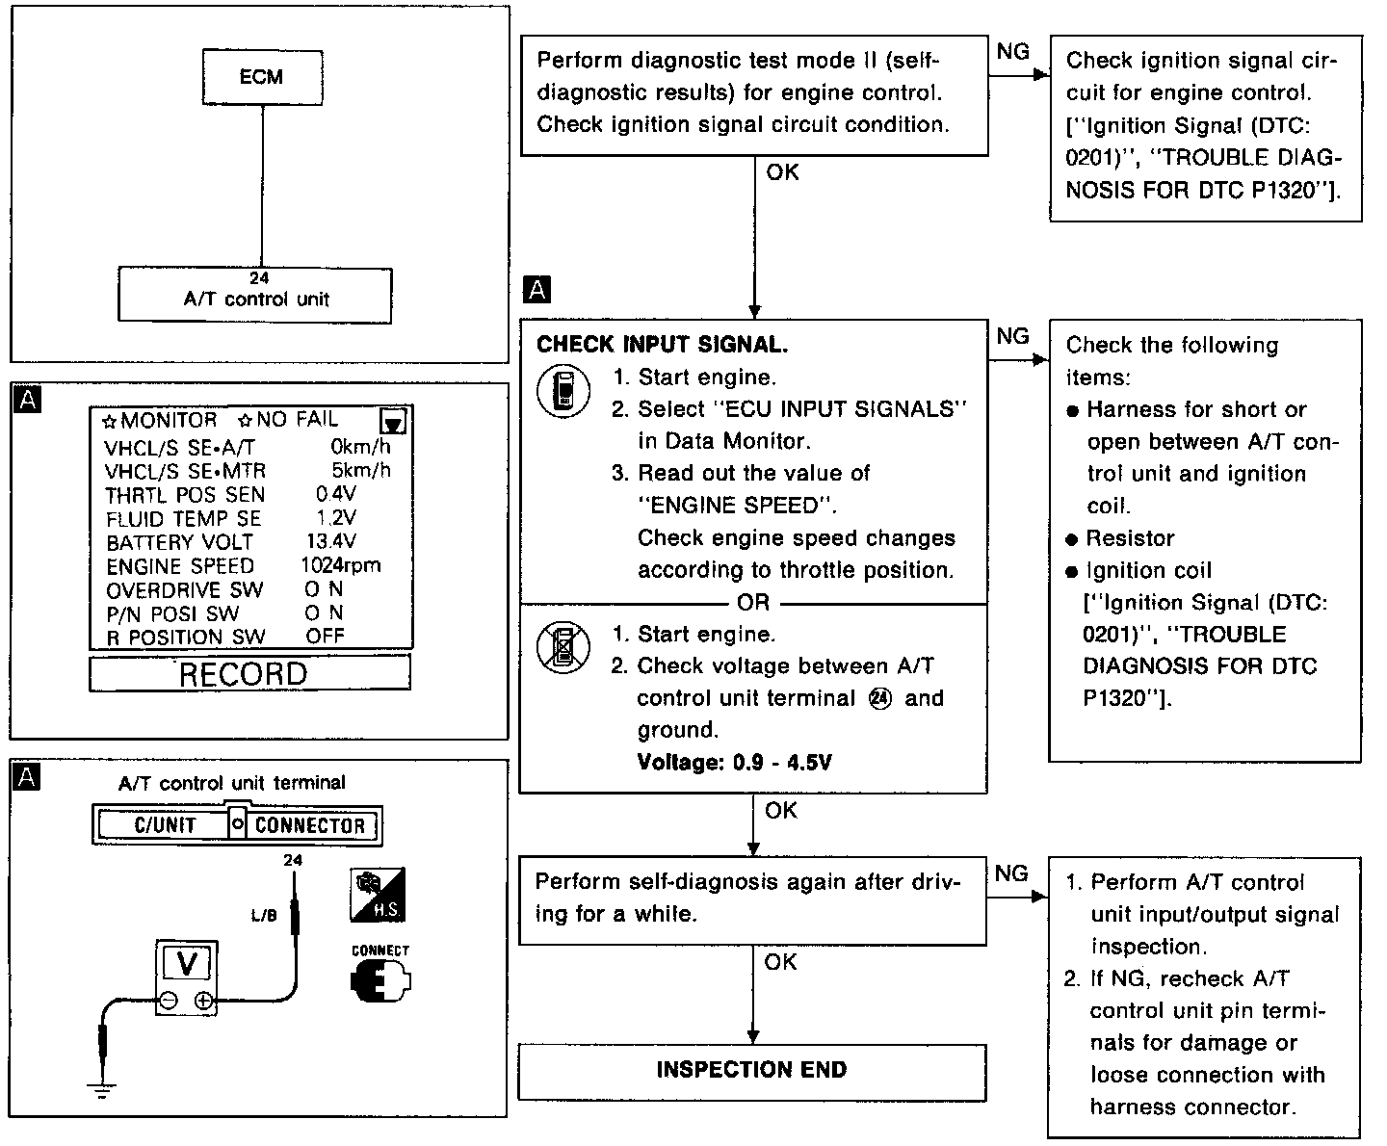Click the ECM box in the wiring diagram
point(262,77)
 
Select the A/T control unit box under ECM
point(255,296)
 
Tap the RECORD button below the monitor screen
point(249,673)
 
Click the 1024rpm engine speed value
point(339,566)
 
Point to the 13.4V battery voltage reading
point(330,542)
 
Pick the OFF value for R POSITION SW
point(325,637)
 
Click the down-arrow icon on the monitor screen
point(393,422)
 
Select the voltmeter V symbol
point(188,963)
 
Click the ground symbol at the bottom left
point(101,1089)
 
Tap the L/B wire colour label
point(264,916)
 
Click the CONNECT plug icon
point(380,980)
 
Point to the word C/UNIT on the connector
point(165,825)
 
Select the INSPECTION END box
point(752,1071)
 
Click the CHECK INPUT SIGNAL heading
point(662,345)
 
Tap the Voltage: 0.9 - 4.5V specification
point(735,763)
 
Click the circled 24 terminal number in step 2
point(880,699)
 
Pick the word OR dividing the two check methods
point(753,603)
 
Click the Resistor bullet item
point(1130,538)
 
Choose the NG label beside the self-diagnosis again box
point(1010,873)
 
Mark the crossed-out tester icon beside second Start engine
point(563,647)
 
